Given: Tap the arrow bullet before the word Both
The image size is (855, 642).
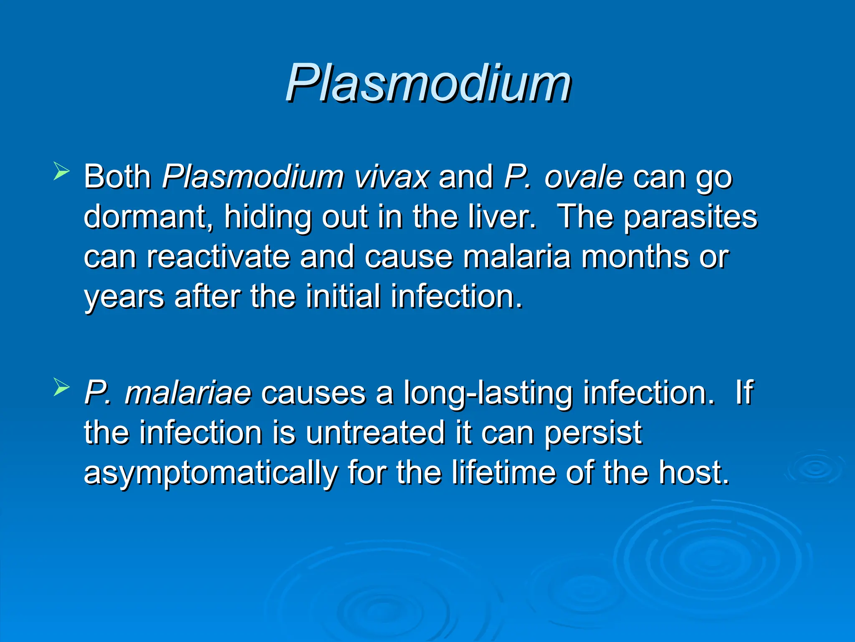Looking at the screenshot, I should pyautogui.click(x=61, y=172).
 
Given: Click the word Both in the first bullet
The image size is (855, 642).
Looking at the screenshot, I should pyautogui.click(x=117, y=177).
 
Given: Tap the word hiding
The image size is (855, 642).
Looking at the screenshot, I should pyautogui.click(x=268, y=217).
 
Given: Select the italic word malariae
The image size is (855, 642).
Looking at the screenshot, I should pyautogui.click(x=188, y=392).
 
